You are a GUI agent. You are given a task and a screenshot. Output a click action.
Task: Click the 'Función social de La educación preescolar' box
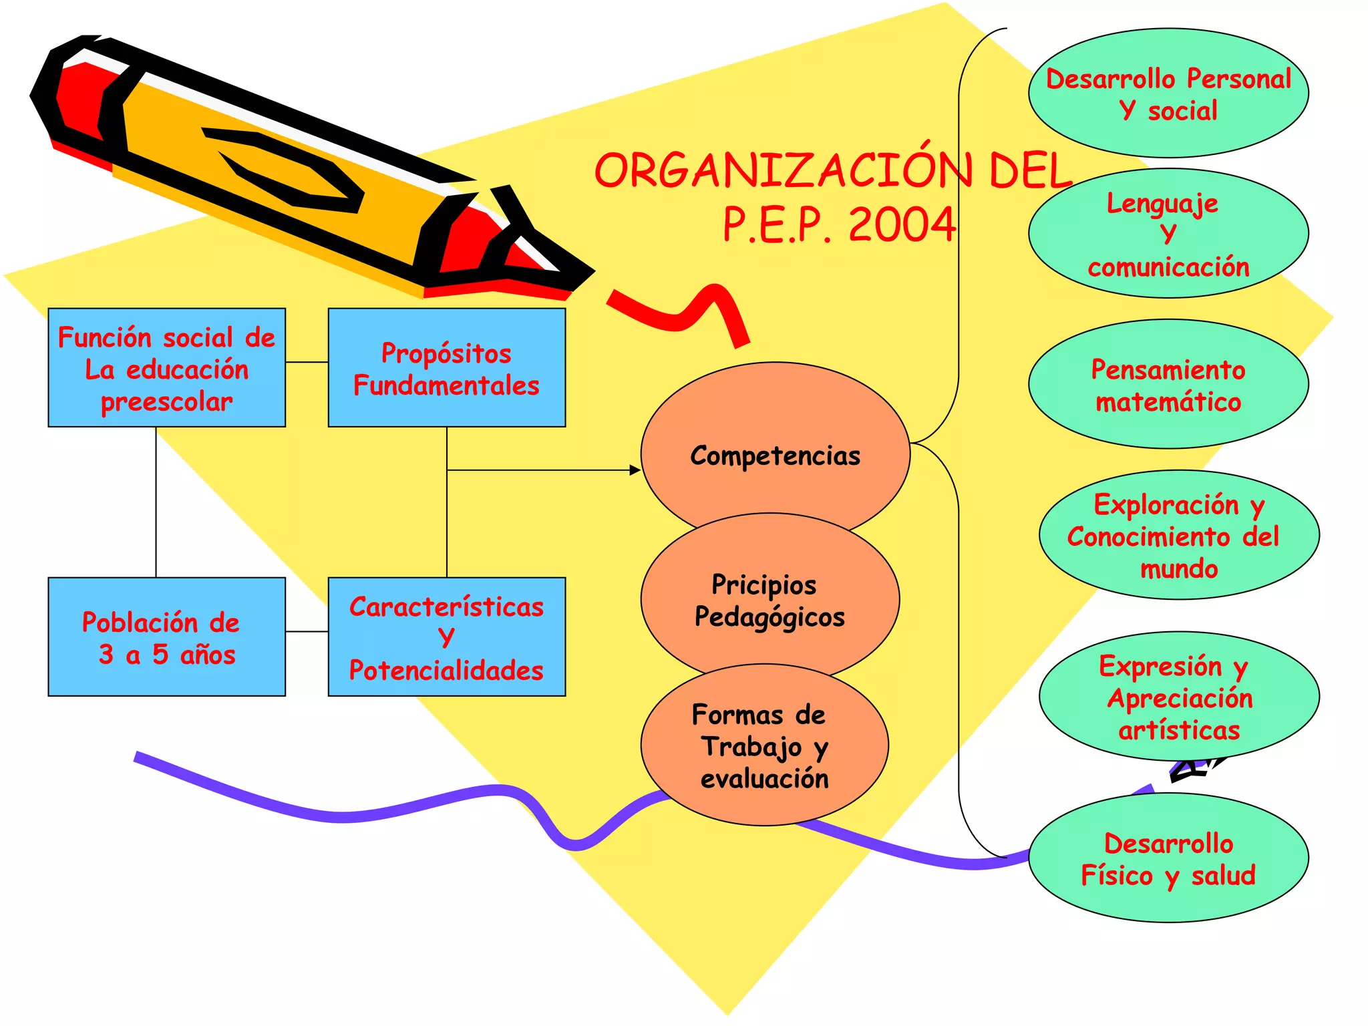pos(166,368)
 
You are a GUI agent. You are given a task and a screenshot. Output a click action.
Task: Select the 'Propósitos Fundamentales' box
pos(446,368)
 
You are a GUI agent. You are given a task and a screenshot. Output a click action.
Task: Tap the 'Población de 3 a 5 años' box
pos(166,637)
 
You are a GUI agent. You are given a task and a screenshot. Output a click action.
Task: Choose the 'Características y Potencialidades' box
pos(446,637)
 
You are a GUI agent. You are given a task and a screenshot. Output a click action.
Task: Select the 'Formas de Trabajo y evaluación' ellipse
pos(764,745)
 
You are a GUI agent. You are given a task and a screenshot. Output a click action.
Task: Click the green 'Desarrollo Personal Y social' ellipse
pos(1168,94)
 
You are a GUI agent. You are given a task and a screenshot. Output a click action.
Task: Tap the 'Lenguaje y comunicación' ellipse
pos(1168,234)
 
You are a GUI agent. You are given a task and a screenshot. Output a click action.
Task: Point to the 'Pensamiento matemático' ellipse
pos(1168,385)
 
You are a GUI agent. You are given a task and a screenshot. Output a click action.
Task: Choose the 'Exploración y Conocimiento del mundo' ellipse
pos(1179,536)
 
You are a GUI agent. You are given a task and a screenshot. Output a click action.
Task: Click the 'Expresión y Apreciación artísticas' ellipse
pos(1179,697)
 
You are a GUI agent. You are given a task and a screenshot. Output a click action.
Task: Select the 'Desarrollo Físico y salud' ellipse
pos(1168,859)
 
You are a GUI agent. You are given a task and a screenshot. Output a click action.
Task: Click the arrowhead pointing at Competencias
pos(635,470)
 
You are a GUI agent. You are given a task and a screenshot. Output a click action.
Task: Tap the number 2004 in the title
pos(902,224)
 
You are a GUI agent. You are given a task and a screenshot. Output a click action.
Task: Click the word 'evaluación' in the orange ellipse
pos(764,779)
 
